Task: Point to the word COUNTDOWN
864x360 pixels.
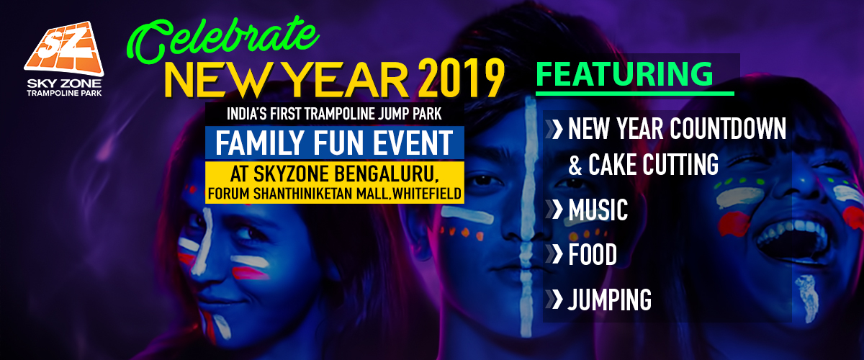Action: [x=728, y=130]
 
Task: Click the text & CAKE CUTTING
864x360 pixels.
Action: [x=644, y=165]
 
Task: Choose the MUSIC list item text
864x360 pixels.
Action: [x=598, y=210]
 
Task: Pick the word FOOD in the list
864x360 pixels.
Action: [x=592, y=255]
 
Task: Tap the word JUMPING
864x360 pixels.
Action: [x=609, y=299]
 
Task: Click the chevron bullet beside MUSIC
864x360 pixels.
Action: [x=556, y=210]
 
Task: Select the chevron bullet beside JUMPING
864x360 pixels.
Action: [x=556, y=299]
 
